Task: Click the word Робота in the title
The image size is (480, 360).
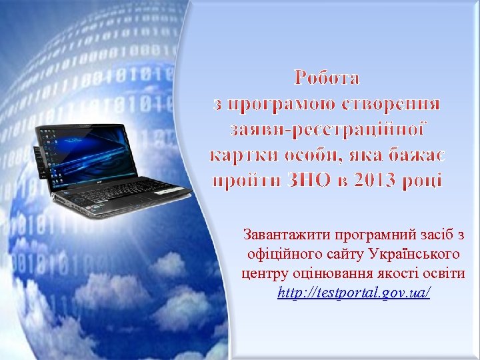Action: click(x=327, y=78)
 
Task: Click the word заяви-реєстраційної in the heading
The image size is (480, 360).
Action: click(x=327, y=129)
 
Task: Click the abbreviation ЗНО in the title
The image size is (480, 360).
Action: click(x=311, y=181)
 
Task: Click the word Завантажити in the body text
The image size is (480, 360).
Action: click(x=284, y=235)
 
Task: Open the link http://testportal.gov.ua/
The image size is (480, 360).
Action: click(x=354, y=293)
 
